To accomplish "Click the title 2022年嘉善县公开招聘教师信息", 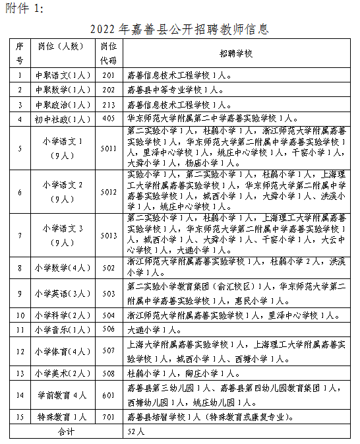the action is pos(180,30).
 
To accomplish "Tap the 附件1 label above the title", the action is pos(25,8).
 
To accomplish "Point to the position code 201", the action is pos(109,75).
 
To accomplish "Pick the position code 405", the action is pos(109,119).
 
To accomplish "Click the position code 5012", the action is pos(109,192).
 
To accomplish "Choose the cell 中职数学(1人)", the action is pos(63,89).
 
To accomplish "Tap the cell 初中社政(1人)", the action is pos(63,119).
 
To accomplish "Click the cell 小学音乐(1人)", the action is pos(63,329).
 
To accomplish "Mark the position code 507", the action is pos(109,351).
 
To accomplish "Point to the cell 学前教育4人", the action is pos(63,395).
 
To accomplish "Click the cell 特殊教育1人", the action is pos(63,418).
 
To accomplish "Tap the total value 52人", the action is pos(135,431).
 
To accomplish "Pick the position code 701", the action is pos(109,418).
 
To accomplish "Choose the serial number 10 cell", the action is pos(20,315).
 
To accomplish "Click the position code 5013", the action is pos(109,236).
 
